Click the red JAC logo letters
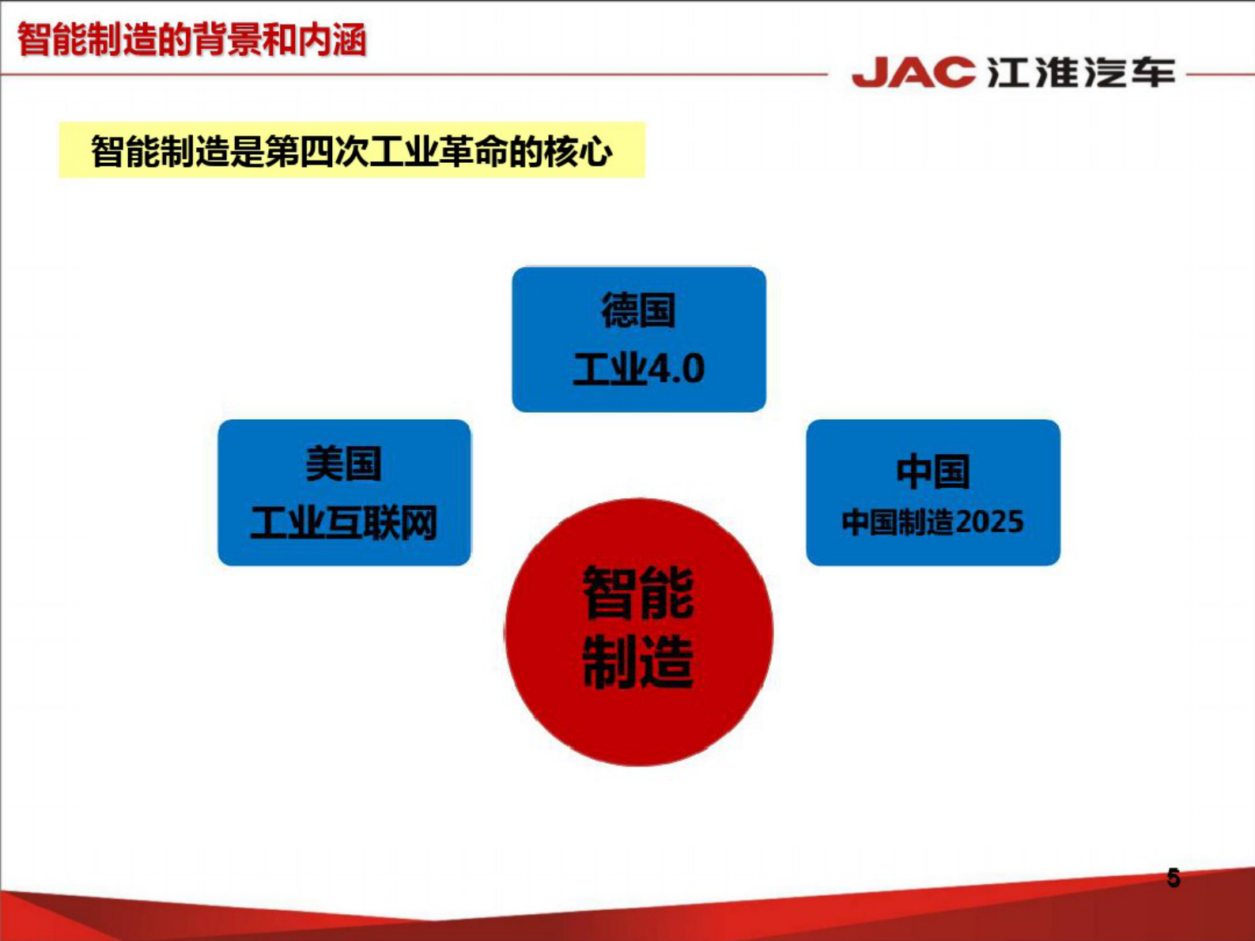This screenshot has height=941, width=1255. (x=913, y=73)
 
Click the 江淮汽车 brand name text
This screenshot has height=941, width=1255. (x=1081, y=73)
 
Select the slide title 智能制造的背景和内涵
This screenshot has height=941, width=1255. (x=192, y=40)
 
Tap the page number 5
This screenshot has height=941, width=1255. (x=1173, y=879)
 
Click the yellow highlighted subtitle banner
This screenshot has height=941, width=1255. (x=352, y=150)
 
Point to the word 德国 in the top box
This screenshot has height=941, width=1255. (x=638, y=311)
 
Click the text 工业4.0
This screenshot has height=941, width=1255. (x=638, y=369)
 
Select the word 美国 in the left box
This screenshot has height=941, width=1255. (x=343, y=464)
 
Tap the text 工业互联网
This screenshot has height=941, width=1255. (x=343, y=523)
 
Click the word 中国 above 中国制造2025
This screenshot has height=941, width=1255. (x=932, y=472)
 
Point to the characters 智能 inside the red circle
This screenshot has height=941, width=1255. (x=638, y=593)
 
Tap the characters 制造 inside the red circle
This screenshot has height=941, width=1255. (x=638, y=660)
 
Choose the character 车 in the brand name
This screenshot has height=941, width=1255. (x=1152, y=73)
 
